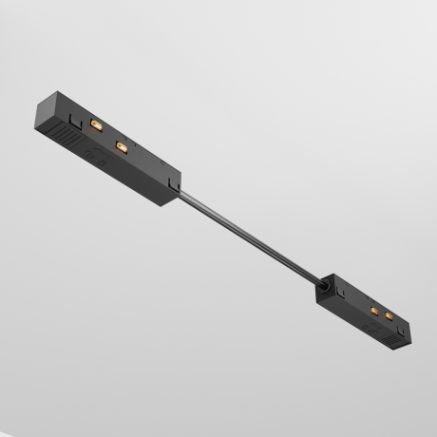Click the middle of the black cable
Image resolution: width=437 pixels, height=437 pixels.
[x=249, y=238]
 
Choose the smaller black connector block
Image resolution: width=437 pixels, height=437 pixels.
[x=366, y=309]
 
